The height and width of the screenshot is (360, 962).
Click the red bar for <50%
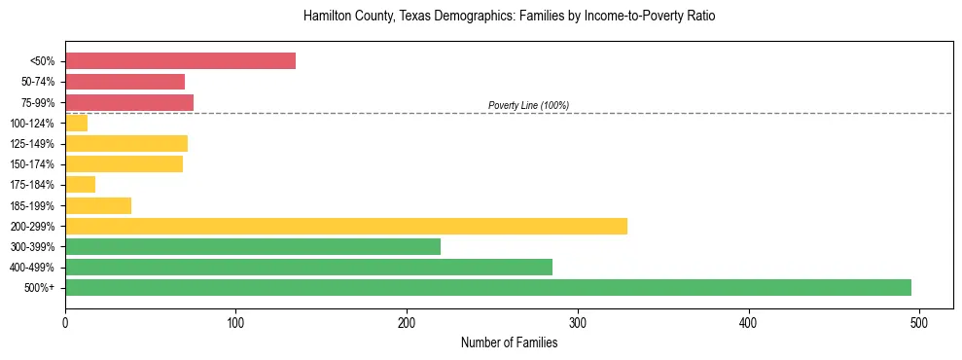pyautogui.click(x=180, y=61)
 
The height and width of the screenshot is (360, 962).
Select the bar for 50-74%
pyautogui.click(x=125, y=82)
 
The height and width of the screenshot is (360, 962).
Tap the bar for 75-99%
pyautogui.click(x=129, y=102)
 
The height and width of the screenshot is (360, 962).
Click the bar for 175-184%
pyautogui.click(x=80, y=185)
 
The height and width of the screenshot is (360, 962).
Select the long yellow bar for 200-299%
pyautogui.click(x=345, y=226)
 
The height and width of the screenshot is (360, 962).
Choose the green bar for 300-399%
pyautogui.click(x=253, y=247)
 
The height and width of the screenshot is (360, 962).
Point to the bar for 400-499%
pyautogui.click(x=308, y=268)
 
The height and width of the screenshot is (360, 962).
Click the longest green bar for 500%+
pyautogui.click(x=487, y=288)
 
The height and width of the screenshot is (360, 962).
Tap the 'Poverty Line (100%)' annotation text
pyautogui.click(x=528, y=105)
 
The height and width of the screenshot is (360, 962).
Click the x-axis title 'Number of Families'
pyautogui.click(x=509, y=342)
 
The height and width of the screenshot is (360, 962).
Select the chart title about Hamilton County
pyautogui.click(x=509, y=17)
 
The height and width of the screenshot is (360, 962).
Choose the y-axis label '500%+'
pyautogui.click(x=40, y=288)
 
